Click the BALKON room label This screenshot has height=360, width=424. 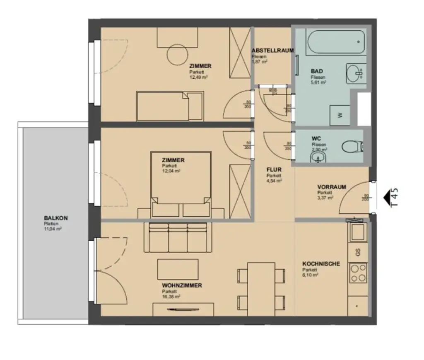coord(55,218)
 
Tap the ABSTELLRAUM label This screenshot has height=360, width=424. coord(272,51)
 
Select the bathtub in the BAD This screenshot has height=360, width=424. coord(330,42)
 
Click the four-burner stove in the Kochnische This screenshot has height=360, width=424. coord(358,273)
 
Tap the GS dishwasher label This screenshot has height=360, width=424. coord(358,251)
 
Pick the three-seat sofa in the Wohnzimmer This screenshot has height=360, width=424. coord(178,237)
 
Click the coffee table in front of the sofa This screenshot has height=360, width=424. coord(178,269)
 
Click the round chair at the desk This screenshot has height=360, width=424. coord(178,53)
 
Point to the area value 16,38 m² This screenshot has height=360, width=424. coord(171,297)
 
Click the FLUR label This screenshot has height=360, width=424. coord(274,170)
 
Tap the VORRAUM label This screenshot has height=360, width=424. coord(331,187)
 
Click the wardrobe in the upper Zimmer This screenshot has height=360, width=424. coord(240,53)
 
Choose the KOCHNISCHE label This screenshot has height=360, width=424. coord(321,264)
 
